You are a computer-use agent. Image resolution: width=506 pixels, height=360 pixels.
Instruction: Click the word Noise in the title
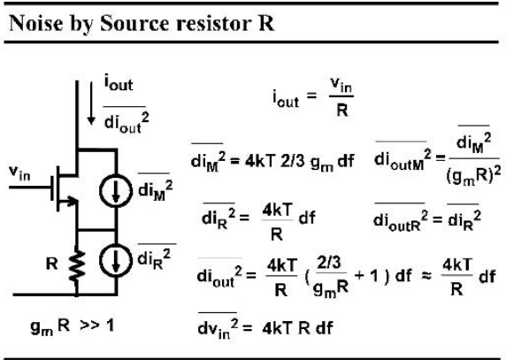[x=35, y=23]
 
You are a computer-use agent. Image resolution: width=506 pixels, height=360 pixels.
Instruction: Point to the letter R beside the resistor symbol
[x=52, y=264]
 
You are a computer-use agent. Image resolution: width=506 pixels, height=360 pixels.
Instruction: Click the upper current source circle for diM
[x=116, y=190]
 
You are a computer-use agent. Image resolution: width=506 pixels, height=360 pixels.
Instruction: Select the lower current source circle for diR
[x=116, y=260]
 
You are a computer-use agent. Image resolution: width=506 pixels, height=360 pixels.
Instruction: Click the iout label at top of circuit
[x=119, y=82]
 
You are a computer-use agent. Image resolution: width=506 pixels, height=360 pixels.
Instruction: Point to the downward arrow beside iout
[x=91, y=103]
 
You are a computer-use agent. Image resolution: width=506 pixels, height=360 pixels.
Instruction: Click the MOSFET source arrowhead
[x=73, y=202]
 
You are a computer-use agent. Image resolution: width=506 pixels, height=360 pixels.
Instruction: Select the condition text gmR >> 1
[x=73, y=326]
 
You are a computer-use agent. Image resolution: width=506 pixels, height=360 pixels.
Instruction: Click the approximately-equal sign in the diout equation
[x=426, y=276]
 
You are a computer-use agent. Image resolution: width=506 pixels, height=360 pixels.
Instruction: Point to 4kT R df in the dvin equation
[x=297, y=328]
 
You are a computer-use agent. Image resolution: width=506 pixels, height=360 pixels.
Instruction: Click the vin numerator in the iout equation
[x=341, y=86]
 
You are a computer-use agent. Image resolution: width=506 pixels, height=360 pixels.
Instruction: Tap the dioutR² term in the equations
[x=401, y=218]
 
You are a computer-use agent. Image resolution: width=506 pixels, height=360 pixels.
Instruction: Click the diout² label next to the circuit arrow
[x=126, y=121]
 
